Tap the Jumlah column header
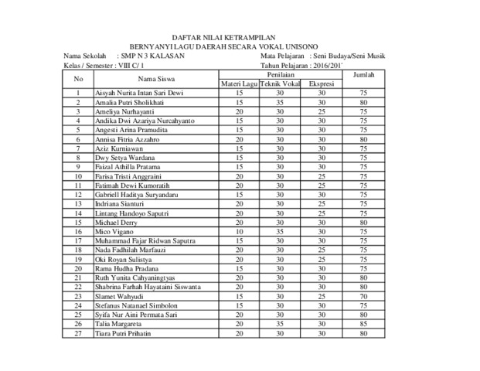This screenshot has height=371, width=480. tap(362, 74)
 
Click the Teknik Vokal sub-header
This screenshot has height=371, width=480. tap(280, 83)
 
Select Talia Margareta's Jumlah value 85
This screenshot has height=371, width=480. tap(362, 324)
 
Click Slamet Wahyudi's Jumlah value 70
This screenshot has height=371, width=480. tap(362, 296)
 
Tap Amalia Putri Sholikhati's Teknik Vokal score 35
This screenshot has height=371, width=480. tap(279, 102)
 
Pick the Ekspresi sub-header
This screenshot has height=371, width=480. tap(321, 83)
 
